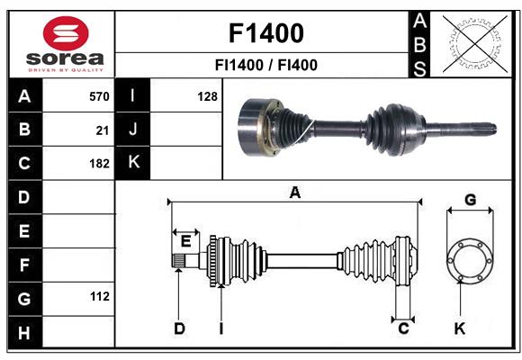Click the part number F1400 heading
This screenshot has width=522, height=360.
[265, 33]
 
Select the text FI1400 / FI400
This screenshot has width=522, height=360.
[265, 65]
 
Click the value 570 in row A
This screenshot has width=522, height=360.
[99, 95]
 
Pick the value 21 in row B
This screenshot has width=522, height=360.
[103, 130]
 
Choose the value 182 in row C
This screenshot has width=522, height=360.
[99, 164]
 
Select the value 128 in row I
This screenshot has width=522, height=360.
[207, 95]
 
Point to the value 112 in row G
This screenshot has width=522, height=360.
[99, 296]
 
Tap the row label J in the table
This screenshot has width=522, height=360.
[133, 130]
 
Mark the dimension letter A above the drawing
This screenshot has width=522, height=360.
[294, 192]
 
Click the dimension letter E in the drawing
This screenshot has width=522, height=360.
[185, 240]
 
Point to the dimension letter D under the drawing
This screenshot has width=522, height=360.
[179, 328]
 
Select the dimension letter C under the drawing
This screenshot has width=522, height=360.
[404, 328]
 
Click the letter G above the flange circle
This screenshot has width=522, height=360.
[469, 199]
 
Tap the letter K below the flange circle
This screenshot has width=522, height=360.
[460, 328]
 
